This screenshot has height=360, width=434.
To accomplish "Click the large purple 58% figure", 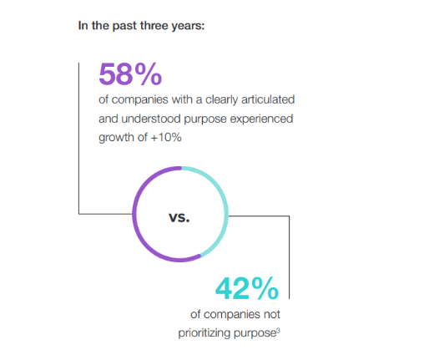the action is coord(130,74).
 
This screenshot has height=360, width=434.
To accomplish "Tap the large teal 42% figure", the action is coord(247,288).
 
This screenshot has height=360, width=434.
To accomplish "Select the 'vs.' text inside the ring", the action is coord(179,217).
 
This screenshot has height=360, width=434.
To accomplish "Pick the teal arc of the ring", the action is coord(224,195).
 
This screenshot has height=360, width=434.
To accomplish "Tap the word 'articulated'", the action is coord(268,99).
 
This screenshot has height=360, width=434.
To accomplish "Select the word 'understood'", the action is coord(151,119).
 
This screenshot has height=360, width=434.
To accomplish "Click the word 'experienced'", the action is coord(261,119).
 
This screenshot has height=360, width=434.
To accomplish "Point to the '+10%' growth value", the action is coord(166,137).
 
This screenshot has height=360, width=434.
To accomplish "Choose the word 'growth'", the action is coord(117,138).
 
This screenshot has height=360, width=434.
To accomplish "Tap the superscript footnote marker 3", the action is coord(279,331).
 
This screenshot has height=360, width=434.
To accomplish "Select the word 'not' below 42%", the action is coord(272,314).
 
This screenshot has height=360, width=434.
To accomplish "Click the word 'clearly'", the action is coord(222,100).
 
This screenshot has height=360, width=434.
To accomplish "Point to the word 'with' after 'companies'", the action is coord(182,99).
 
